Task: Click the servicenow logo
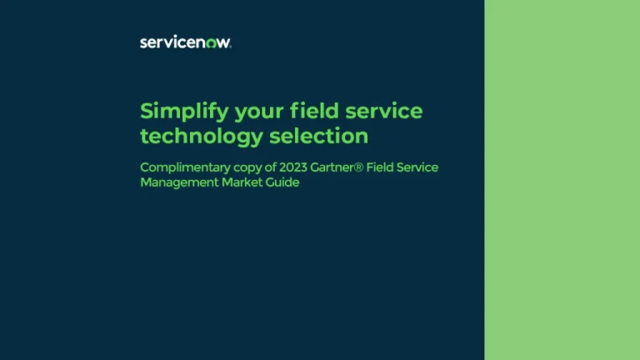[186, 42]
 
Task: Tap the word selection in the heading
[318, 135]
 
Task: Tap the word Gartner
[336, 167]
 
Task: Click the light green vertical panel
[562, 180]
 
